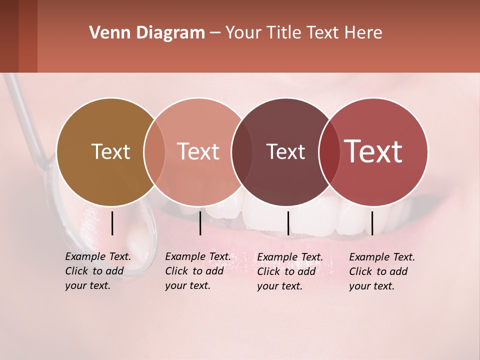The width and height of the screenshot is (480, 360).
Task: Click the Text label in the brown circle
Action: pyautogui.click(x=110, y=151)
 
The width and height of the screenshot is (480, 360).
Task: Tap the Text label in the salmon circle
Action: pyautogui.click(x=198, y=151)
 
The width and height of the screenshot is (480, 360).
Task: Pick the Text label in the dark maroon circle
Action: pyautogui.click(x=285, y=151)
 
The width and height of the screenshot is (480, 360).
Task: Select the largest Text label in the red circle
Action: pyautogui.click(x=373, y=151)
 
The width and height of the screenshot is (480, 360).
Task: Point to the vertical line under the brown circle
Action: pyautogui.click(x=112, y=223)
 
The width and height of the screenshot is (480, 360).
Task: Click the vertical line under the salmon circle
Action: pyautogui.click(x=200, y=223)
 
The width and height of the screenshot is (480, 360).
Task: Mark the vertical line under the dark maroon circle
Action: pyautogui.click(x=288, y=223)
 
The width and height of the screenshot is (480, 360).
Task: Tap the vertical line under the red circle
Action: pyautogui.click(x=372, y=223)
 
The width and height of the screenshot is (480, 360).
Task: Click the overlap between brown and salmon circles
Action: pyautogui.click(x=154, y=151)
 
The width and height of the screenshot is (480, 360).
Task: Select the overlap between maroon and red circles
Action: pyautogui.click(x=329, y=151)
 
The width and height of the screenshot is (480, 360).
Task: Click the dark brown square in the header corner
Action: pyautogui.click(x=9, y=36)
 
